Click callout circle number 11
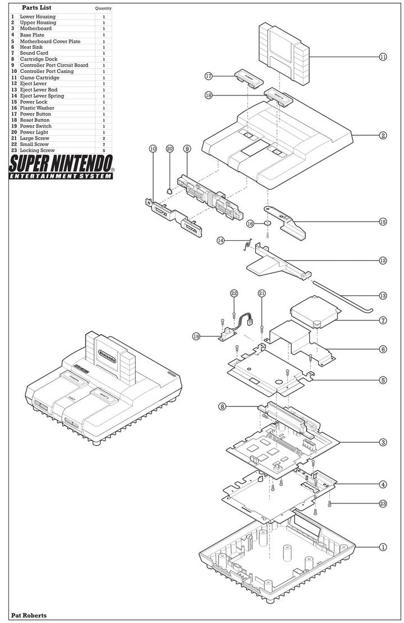tap(383, 57)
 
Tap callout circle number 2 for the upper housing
tap(383, 135)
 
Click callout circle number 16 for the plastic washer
tap(250, 223)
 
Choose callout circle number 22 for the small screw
tap(234, 293)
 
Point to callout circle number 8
tap(223, 407)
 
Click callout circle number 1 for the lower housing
tap(383, 546)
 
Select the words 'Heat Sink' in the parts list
tap(31, 47)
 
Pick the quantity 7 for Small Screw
tap(104, 144)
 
